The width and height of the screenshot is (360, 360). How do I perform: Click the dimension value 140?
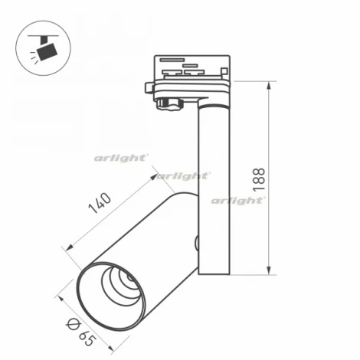101,205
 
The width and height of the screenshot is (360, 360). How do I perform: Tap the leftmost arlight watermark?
120,158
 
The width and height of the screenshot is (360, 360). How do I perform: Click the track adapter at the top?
191,73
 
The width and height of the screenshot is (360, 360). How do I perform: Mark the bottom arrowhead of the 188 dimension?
269,271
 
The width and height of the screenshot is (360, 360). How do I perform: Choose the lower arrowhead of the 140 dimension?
68,246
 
